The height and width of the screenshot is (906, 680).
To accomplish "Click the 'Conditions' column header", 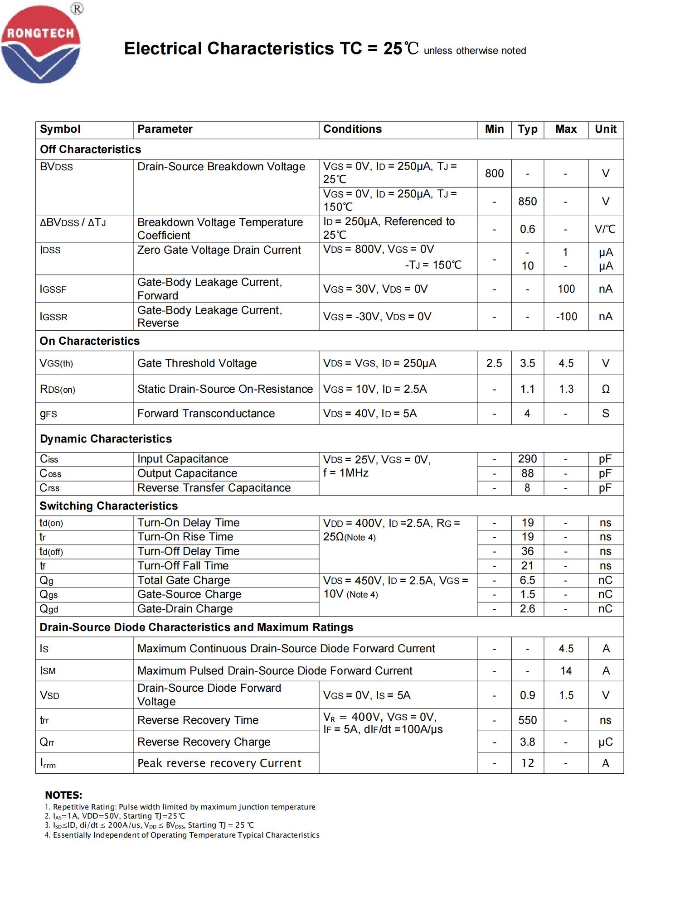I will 352,129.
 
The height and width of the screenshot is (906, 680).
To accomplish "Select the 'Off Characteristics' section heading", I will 90,149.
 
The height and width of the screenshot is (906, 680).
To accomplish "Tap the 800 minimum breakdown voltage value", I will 494,173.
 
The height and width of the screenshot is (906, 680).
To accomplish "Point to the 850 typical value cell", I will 527,201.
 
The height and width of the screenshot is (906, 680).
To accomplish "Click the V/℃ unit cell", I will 605,229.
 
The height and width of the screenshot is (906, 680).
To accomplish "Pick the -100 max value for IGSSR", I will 566,316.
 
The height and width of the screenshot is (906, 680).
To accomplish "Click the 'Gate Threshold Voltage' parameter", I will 197,363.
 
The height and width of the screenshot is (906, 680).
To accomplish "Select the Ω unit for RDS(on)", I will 605,389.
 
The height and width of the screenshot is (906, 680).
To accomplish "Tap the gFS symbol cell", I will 49,414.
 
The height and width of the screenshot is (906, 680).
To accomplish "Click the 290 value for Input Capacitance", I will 527,459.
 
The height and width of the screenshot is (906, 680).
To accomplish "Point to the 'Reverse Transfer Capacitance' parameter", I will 214,488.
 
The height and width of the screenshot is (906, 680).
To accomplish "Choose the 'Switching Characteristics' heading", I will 108,506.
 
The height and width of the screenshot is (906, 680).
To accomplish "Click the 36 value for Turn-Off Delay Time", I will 527,551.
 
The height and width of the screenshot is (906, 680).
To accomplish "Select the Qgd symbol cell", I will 49,609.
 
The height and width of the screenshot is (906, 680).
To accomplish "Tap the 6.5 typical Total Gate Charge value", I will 527,580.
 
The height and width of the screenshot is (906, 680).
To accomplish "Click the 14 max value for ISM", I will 566,670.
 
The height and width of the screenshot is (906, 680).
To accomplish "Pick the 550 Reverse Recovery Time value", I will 527,720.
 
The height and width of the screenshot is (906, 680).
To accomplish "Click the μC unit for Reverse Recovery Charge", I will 605,742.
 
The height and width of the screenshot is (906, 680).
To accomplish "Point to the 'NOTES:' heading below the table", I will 63,795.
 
